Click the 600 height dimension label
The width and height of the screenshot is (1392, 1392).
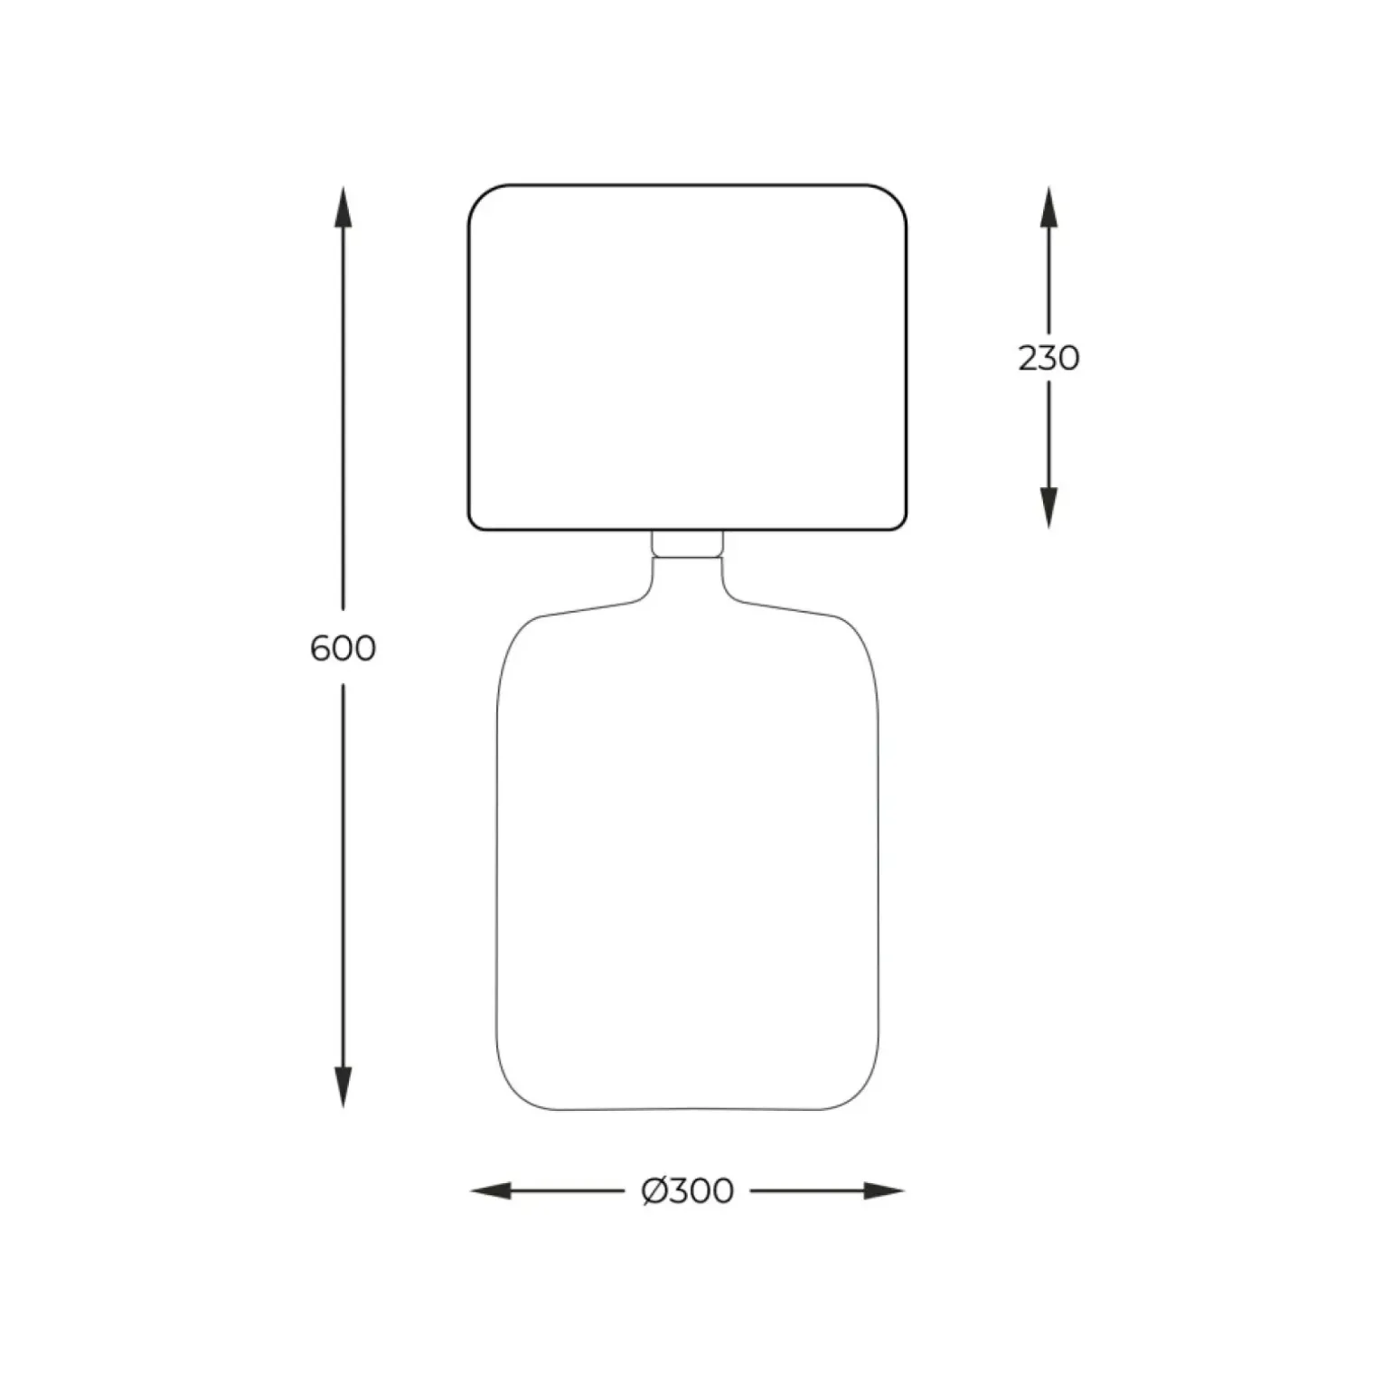point(343,648)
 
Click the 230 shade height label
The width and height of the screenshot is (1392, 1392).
point(1049,359)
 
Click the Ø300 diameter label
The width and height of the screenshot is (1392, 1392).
point(688,1191)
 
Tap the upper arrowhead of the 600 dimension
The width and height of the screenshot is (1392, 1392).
point(343,207)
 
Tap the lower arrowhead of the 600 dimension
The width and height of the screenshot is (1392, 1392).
point(343,1086)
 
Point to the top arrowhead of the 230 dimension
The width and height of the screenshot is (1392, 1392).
point(1049,207)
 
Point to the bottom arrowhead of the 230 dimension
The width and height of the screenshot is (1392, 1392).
point(1049,507)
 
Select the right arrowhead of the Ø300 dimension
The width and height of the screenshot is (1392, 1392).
point(884,1191)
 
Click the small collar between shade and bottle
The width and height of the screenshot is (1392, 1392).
point(687,543)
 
